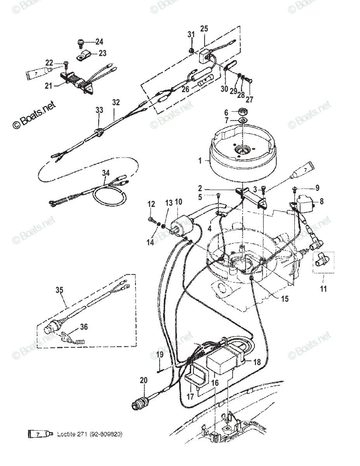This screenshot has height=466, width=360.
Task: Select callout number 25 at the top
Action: (204, 28)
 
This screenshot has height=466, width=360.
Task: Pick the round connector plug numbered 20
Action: (139, 403)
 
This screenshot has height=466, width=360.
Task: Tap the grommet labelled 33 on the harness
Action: (99, 132)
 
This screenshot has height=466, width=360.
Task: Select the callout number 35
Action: (59, 290)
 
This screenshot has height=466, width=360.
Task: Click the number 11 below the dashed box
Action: (323, 289)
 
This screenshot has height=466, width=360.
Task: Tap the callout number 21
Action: (49, 85)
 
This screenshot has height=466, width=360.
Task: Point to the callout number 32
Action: (116, 103)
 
